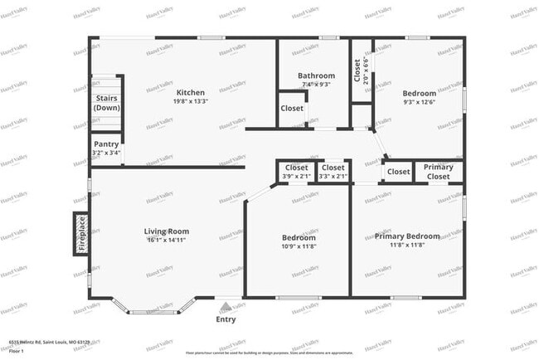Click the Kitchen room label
pyautogui.click(x=191, y=92)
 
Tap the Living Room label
pyautogui.click(x=168, y=231)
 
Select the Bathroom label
pyautogui.click(x=316, y=75)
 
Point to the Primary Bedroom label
pyautogui.click(x=406, y=236)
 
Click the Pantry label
pyautogui.click(x=105, y=144)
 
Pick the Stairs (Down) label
pyautogui.click(x=106, y=103)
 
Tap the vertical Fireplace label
pyautogui.click(x=81, y=233)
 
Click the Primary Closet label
pyautogui.click(x=438, y=172)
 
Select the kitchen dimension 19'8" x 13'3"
pyautogui.click(x=191, y=101)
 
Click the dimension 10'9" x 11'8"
pyautogui.click(x=299, y=246)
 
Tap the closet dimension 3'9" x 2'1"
pyautogui.click(x=296, y=176)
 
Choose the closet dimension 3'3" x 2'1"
pyautogui.click(x=333, y=176)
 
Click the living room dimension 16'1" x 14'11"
pyautogui.click(x=168, y=241)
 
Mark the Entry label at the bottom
pyautogui.click(x=226, y=319)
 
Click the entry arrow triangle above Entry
pyautogui.click(x=226, y=305)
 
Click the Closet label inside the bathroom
pyautogui.click(x=291, y=109)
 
